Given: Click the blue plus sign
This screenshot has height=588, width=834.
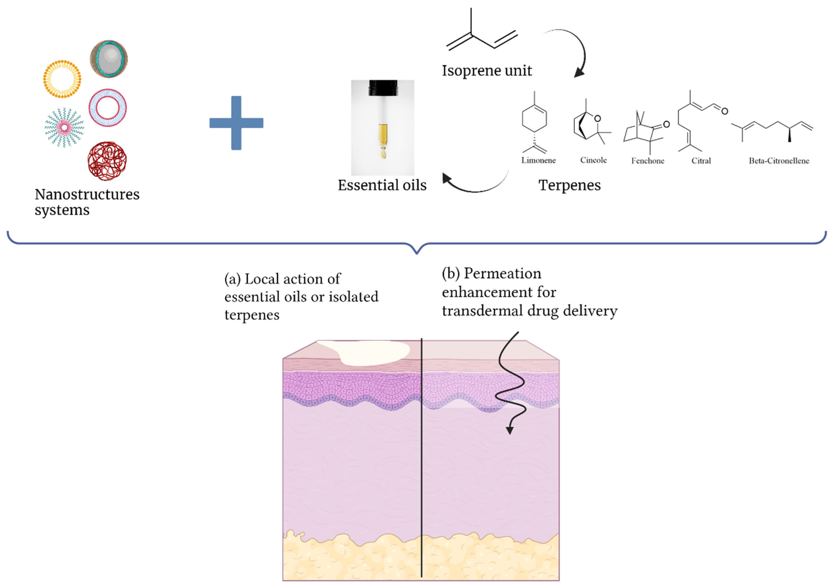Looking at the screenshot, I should point(236,123).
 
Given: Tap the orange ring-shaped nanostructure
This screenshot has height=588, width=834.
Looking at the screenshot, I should point(62,79).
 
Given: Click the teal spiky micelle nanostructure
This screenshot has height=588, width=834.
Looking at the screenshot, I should point(64,127).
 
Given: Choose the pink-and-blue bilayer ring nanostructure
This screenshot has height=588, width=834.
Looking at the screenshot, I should point(107,108).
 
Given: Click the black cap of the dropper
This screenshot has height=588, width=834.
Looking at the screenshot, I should point(383,88).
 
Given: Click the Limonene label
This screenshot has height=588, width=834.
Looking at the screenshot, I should point(538,160).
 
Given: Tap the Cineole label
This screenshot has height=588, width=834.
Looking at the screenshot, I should point(593,160).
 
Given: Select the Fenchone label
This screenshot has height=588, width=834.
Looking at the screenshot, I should point(648,161).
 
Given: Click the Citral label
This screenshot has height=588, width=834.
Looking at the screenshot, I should point(701,161).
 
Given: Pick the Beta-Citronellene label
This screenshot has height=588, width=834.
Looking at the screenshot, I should point(779,161).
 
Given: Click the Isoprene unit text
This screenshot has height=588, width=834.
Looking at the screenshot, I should point(487,71).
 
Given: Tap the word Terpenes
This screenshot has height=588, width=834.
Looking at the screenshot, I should point(569,185).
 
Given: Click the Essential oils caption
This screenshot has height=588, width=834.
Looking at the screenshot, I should point(382,185).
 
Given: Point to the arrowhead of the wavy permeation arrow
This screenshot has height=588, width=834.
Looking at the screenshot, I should point(510,431).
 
